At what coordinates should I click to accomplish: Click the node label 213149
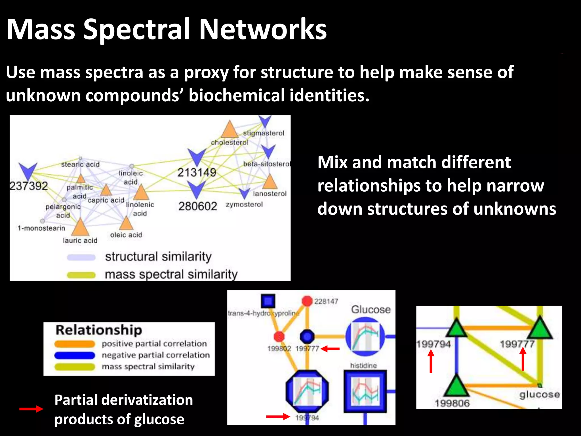(x=197, y=172)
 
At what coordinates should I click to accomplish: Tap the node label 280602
(x=197, y=206)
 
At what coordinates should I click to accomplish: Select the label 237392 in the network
(x=28, y=186)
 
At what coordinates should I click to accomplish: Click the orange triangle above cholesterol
(x=229, y=130)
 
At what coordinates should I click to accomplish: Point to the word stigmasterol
(x=264, y=133)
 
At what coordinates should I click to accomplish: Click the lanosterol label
(x=270, y=194)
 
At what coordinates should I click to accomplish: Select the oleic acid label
(x=126, y=235)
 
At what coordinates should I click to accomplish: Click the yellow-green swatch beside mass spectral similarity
(x=81, y=275)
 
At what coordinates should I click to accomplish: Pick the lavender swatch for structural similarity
(x=81, y=257)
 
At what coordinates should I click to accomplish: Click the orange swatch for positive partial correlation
(x=75, y=344)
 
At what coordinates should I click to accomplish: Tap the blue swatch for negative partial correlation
(x=75, y=355)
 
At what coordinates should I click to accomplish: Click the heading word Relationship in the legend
(x=99, y=330)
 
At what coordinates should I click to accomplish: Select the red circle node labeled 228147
(x=307, y=301)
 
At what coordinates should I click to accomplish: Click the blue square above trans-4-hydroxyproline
(x=268, y=301)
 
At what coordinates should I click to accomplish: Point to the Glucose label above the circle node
(x=371, y=309)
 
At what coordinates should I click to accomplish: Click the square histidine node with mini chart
(x=365, y=391)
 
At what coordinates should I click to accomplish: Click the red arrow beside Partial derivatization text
(x=31, y=409)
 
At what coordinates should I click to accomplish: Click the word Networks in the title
(x=263, y=30)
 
